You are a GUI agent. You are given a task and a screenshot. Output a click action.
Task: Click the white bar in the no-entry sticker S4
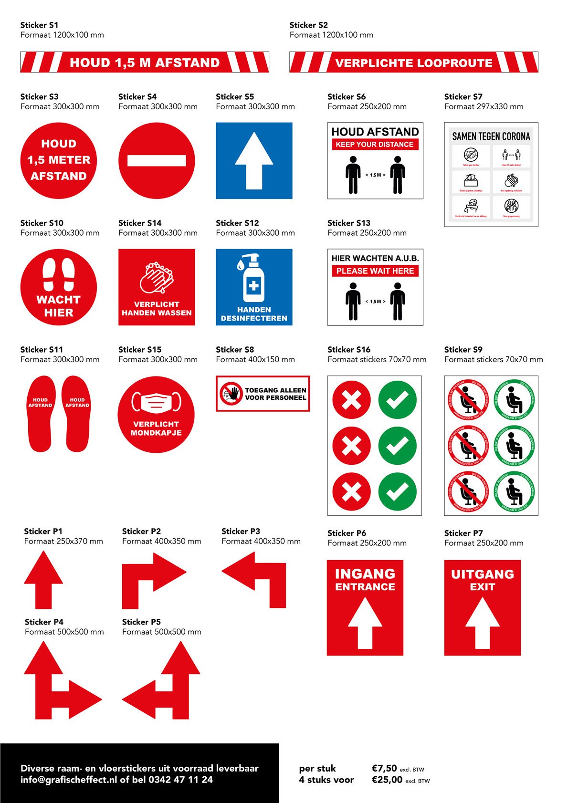(157, 160)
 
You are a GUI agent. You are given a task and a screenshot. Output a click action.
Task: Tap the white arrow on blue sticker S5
(254, 161)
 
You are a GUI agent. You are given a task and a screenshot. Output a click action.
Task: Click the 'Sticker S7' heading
(463, 96)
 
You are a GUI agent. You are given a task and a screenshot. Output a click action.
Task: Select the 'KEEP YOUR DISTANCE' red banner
(375, 145)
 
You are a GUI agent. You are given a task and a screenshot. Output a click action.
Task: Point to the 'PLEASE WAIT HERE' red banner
(375, 271)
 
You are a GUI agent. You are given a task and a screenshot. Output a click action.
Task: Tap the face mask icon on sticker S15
(156, 402)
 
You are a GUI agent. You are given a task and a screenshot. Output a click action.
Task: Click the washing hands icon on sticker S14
(156, 278)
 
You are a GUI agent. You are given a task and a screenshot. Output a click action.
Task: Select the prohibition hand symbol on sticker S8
(231, 394)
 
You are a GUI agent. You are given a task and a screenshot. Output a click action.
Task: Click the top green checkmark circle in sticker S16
(397, 400)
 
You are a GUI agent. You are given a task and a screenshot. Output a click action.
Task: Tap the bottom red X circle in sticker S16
(352, 491)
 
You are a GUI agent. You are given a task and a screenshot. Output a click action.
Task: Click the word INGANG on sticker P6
(365, 574)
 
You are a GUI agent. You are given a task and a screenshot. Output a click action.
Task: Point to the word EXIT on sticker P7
(482, 587)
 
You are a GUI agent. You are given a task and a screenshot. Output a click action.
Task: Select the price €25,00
(387, 780)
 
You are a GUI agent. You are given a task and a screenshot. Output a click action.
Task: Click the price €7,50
(384, 768)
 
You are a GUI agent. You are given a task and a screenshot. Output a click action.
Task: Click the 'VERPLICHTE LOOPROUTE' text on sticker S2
(413, 63)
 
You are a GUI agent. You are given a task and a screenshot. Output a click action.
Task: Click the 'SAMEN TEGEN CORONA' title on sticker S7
(491, 136)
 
